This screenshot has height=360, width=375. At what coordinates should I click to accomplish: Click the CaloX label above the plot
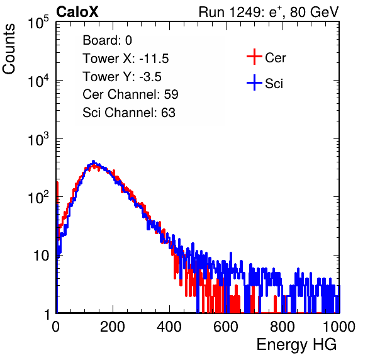click(x=77, y=12)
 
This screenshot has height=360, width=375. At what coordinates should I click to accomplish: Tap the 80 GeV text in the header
click(x=314, y=12)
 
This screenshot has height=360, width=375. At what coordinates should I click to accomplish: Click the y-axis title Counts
click(x=9, y=49)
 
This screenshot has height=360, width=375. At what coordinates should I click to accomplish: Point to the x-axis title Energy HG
click(x=297, y=345)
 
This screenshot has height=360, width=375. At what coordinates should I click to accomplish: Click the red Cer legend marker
click(x=254, y=57)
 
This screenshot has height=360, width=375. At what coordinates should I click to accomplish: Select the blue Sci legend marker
click(x=254, y=83)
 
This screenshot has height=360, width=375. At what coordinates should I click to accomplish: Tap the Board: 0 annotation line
click(x=107, y=40)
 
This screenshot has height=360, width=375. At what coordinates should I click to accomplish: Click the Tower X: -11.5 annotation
click(x=126, y=59)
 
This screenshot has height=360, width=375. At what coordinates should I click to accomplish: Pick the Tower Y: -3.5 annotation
click(x=122, y=77)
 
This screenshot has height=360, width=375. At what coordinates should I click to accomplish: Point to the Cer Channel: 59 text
click(x=130, y=94)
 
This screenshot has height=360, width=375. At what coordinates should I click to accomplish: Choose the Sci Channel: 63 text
click(x=129, y=113)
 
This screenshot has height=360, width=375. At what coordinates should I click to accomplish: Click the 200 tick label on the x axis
click(x=113, y=327)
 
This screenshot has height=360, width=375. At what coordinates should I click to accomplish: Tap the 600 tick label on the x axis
click(x=226, y=327)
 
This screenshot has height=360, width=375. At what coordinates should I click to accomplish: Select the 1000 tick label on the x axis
click(x=339, y=327)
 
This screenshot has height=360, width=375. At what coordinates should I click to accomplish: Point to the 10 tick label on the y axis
click(x=41, y=256)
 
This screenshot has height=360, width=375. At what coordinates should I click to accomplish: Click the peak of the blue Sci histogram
click(x=94, y=161)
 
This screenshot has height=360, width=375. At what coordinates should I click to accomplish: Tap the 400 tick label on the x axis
click(x=169, y=327)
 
